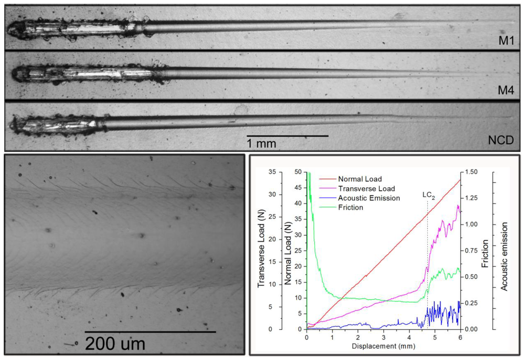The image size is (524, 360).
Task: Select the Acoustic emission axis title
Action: coord(505,256)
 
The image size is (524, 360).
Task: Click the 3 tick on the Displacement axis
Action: coord(383,337)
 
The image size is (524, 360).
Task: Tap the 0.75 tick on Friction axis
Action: coord(474,251)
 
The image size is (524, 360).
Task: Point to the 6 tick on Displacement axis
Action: coord(460,337)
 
